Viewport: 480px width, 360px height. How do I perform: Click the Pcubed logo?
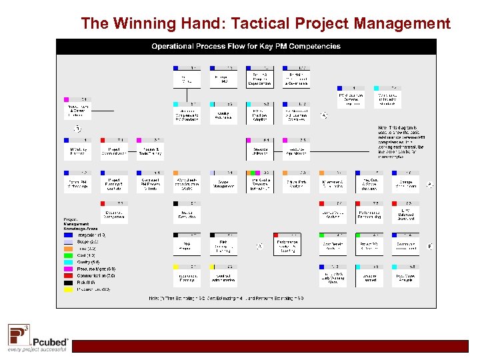point(38,337)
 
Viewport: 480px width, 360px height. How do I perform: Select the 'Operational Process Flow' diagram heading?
point(246,46)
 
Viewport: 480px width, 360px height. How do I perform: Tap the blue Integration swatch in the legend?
point(69,235)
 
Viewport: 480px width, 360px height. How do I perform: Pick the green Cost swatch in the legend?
point(69,255)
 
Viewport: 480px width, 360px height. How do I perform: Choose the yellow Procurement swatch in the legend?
point(69,289)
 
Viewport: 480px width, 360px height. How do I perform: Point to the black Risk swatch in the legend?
point(69,283)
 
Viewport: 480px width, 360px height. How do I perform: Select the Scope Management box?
point(223,183)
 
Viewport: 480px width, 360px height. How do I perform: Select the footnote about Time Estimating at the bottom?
point(226,298)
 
